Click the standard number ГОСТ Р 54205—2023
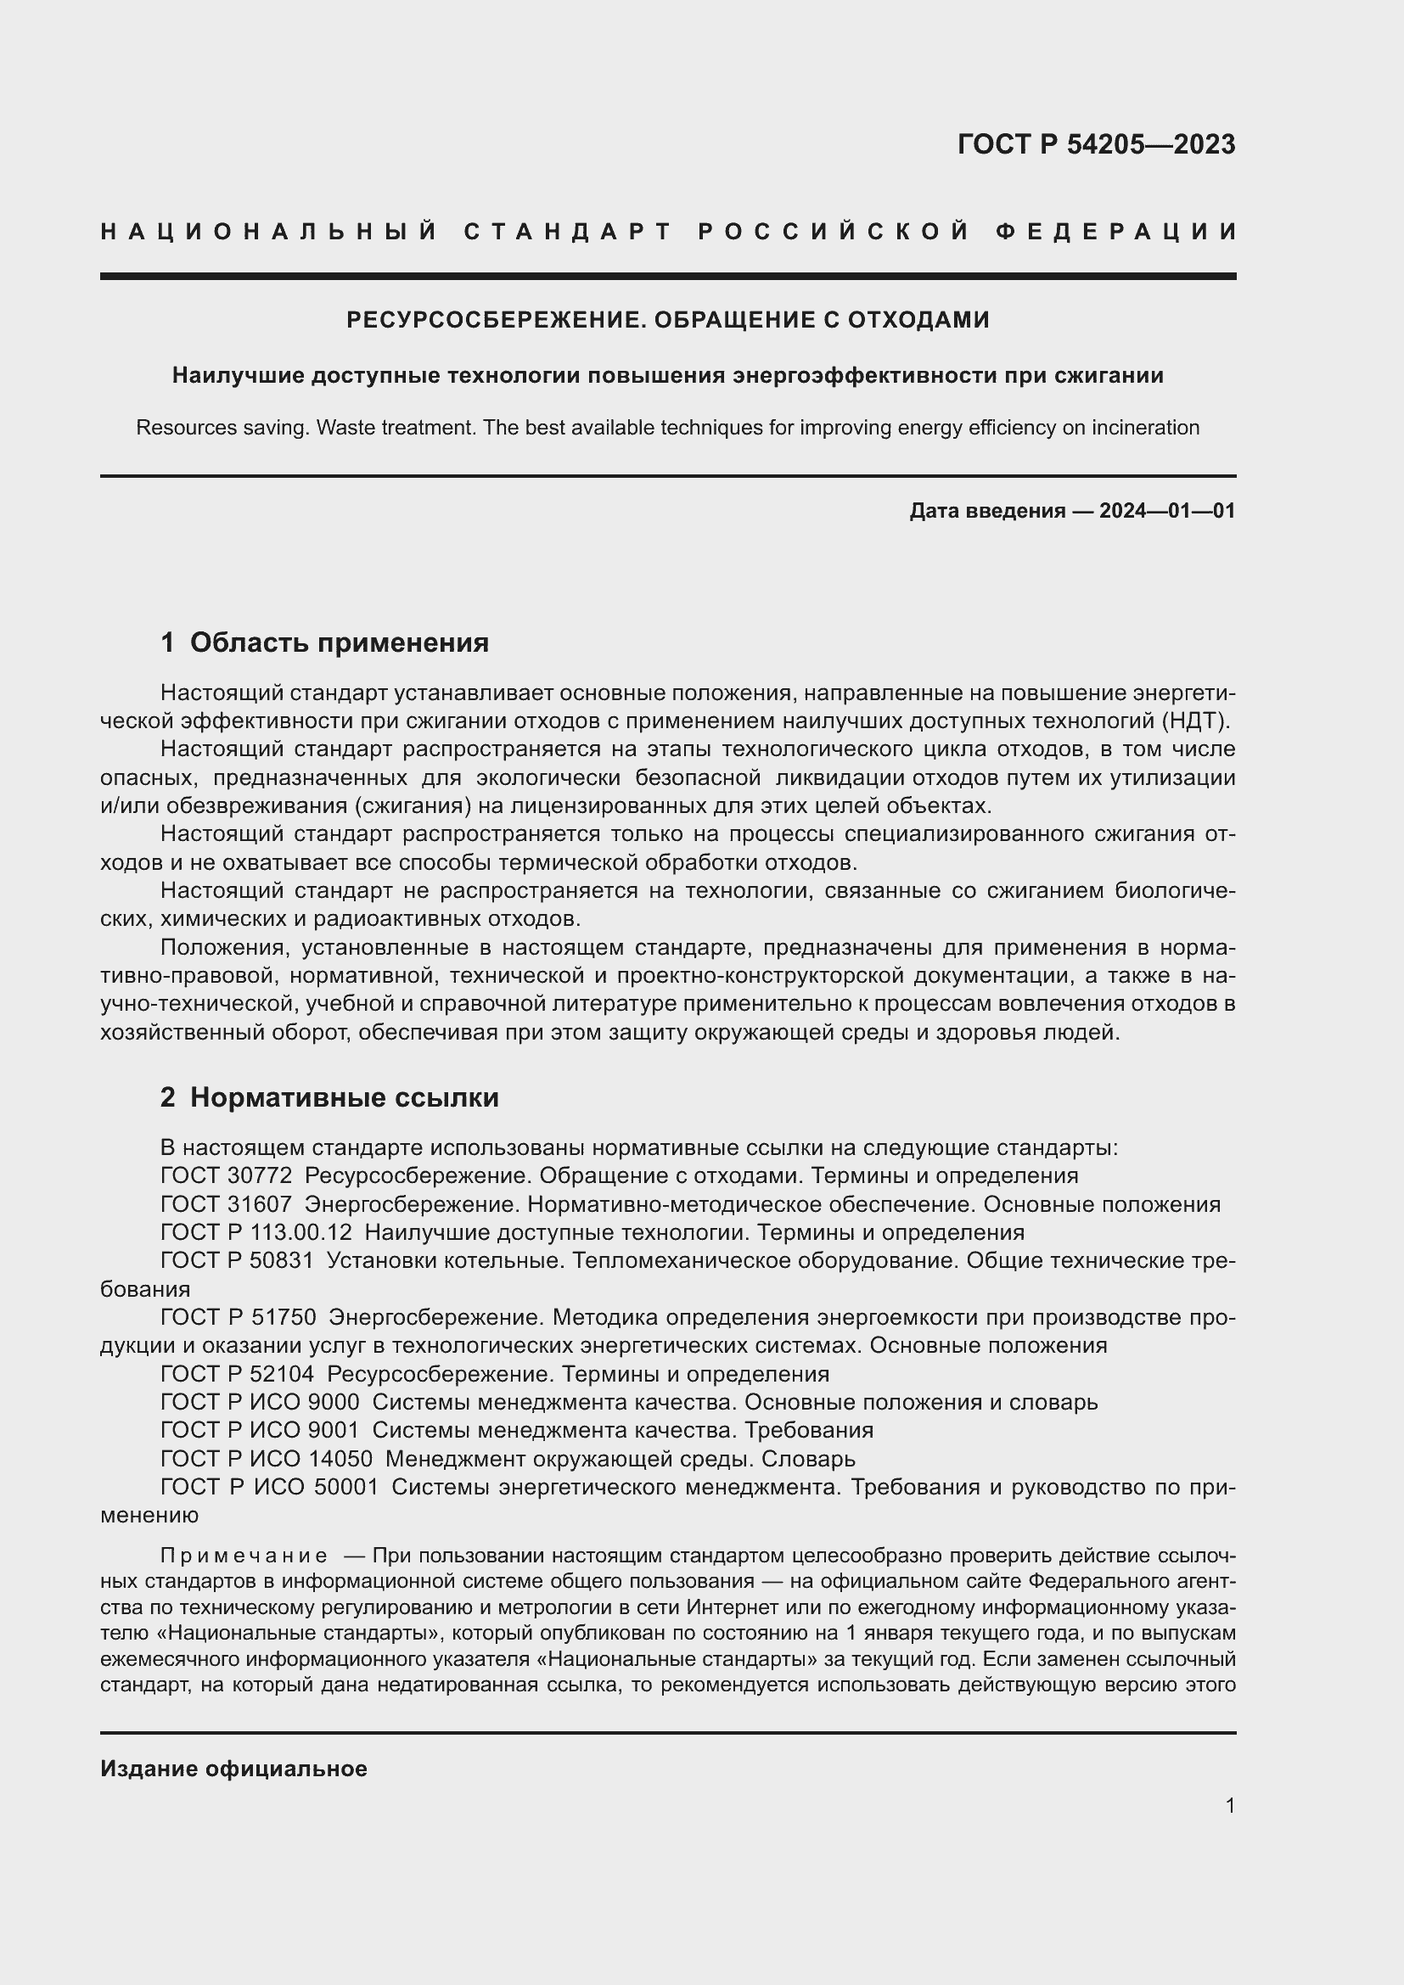click(x=1095, y=144)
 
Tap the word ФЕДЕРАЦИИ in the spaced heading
click(x=1115, y=232)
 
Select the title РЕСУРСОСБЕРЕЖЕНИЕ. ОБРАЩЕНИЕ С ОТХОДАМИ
click(x=667, y=320)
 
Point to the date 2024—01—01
click(x=1167, y=511)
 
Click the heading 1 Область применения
click(x=324, y=642)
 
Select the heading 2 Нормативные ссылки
click(x=329, y=1097)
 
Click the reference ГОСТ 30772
click(x=226, y=1175)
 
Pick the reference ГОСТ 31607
click(x=226, y=1204)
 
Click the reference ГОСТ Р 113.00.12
click(x=256, y=1232)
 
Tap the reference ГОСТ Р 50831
click(x=237, y=1260)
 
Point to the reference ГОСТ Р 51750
click(x=238, y=1318)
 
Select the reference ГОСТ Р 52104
click(x=237, y=1375)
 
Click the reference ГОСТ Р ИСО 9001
click(x=260, y=1431)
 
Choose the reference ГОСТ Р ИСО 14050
click(x=267, y=1460)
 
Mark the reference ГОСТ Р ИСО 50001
click(x=269, y=1488)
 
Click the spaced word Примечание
click(x=244, y=1556)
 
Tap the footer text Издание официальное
click(x=233, y=1769)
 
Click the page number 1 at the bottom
click(x=1229, y=1806)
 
